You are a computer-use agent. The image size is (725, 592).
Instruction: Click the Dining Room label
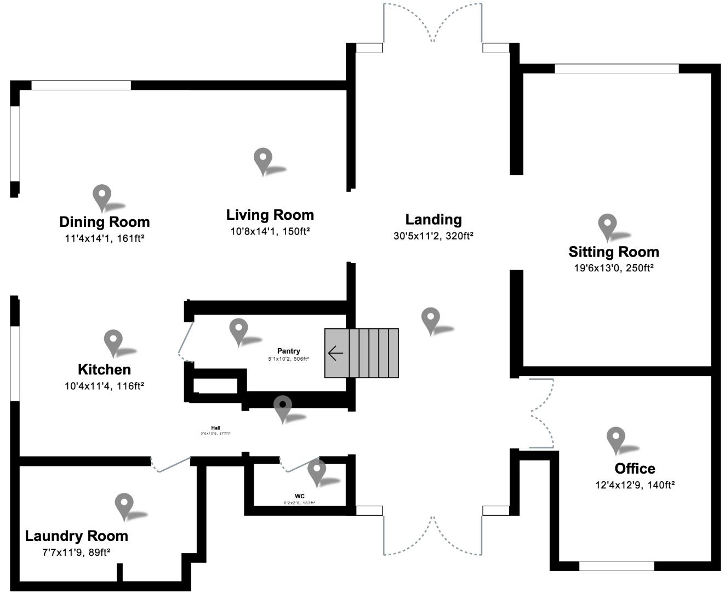tap(104, 222)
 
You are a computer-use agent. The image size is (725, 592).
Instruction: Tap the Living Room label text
tap(270, 215)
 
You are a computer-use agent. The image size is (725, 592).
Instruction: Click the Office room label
tap(635, 469)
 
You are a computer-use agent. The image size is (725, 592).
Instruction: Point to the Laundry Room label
tap(76, 536)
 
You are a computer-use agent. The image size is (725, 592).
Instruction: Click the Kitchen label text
tap(104, 369)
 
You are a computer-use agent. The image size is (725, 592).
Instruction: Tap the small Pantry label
tap(288, 351)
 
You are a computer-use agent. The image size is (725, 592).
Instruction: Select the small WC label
tap(299, 496)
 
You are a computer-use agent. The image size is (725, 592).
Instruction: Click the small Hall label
tap(215, 428)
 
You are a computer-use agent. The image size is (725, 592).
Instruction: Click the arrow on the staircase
tap(335, 354)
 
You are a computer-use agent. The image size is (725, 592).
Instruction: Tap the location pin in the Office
tap(616, 439)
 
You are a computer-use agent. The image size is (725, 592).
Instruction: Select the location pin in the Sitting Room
tap(607, 225)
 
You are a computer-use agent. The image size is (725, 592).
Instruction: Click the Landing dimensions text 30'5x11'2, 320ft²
tap(433, 236)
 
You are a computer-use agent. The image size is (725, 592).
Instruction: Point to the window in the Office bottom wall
tap(616, 566)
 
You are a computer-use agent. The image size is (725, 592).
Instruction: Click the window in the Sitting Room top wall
tap(616, 69)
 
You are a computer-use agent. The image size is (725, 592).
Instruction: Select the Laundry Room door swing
tap(170, 465)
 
